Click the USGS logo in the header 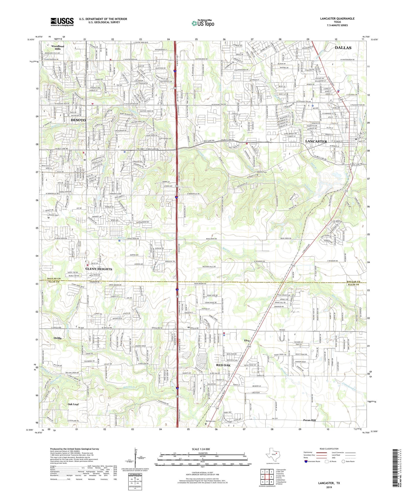tap(62, 22)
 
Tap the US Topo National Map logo tap(203, 23)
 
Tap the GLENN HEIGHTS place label tap(99, 269)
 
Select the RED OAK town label tap(223, 365)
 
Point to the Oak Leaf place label tap(73, 404)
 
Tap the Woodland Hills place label tap(58, 48)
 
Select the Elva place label tap(247, 340)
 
